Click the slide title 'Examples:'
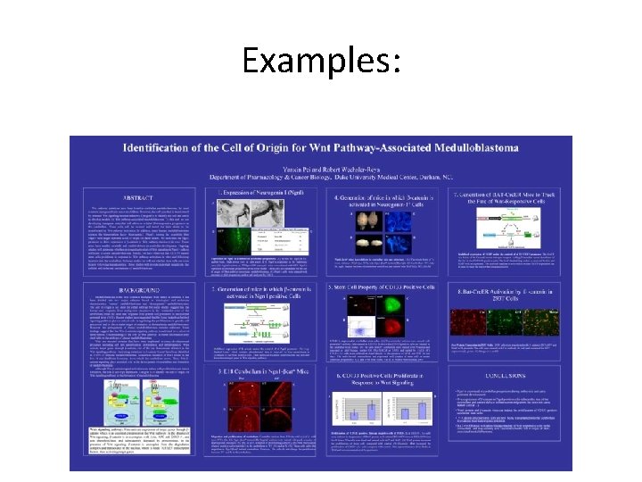click(320, 61)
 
